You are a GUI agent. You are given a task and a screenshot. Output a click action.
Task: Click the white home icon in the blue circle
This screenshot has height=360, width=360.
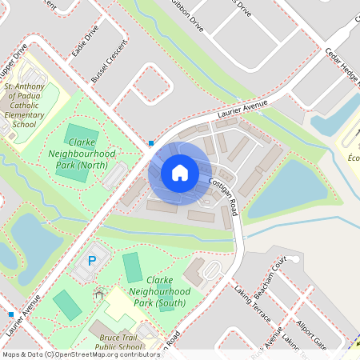pos(180,172)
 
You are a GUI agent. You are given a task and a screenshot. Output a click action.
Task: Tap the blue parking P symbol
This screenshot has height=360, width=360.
pos(92,260)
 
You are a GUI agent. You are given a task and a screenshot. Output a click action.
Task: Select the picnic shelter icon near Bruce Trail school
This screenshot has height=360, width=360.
pos(98,294)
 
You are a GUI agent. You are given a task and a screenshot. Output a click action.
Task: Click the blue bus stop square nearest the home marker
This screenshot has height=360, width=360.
pos(150,143)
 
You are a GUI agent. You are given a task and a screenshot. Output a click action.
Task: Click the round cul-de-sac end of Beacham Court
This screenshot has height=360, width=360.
pos(293,261)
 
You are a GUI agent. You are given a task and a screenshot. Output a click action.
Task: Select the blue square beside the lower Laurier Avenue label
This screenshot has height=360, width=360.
pos(10,314)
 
